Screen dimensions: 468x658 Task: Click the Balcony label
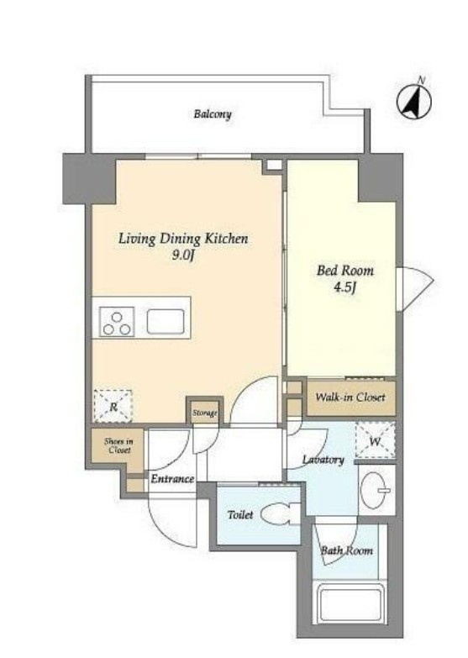coord(213,114)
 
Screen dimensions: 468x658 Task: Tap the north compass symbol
coord(415,101)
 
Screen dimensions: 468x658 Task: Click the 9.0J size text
coord(183,255)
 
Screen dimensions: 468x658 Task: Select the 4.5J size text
coord(345,288)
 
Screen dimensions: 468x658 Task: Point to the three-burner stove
coord(117,322)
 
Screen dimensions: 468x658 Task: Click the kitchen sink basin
coord(166,322)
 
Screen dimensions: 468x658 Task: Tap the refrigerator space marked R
coord(113,406)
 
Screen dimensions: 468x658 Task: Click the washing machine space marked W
coord(376,440)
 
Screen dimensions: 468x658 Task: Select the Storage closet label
coord(205,413)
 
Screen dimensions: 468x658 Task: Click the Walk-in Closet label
coord(350,397)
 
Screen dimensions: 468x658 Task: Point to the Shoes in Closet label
coord(118,445)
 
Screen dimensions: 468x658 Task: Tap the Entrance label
coord(172,479)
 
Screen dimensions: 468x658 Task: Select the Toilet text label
coord(240,514)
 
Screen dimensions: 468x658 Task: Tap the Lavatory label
coord(323,460)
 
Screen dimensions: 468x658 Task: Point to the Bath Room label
coord(347,550)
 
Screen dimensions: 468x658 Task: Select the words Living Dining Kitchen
coord(183,239)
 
